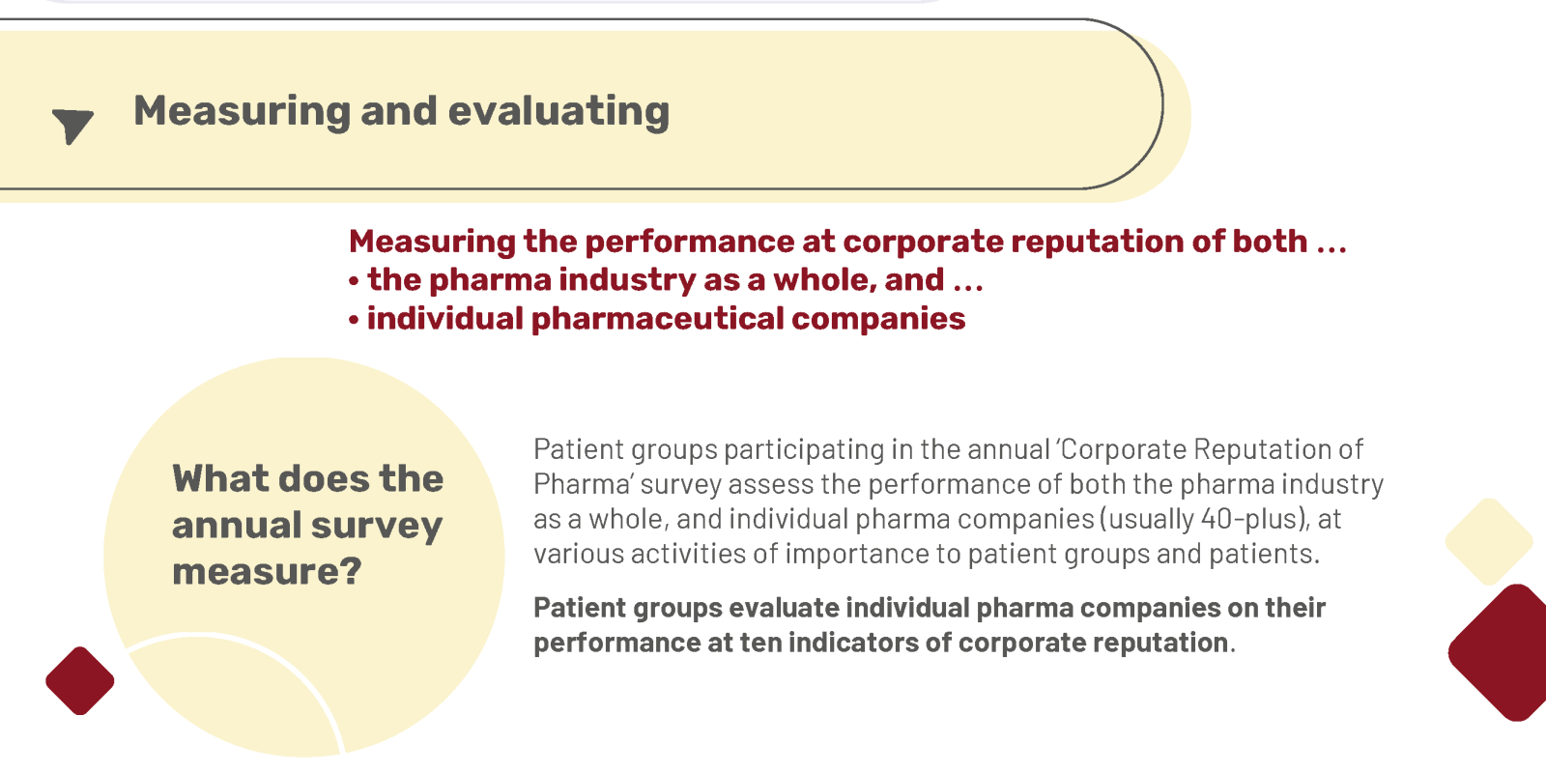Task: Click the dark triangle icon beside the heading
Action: (x=72, y=126)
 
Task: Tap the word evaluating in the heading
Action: (x=558, y=112)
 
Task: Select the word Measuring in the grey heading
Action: (x=242, y=112)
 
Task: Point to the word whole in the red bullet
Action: (x=825, y=280)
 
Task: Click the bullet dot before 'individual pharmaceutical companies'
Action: (x=354, y=320)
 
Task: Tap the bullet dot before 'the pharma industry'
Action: (x=354, y=281)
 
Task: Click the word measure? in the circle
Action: (x=267, y=571)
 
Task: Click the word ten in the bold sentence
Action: (x=760, y=643)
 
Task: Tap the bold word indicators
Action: (x=853, y=643)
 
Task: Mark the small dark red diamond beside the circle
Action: (x=80, y=680)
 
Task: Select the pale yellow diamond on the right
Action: (x=1489, y=542)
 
